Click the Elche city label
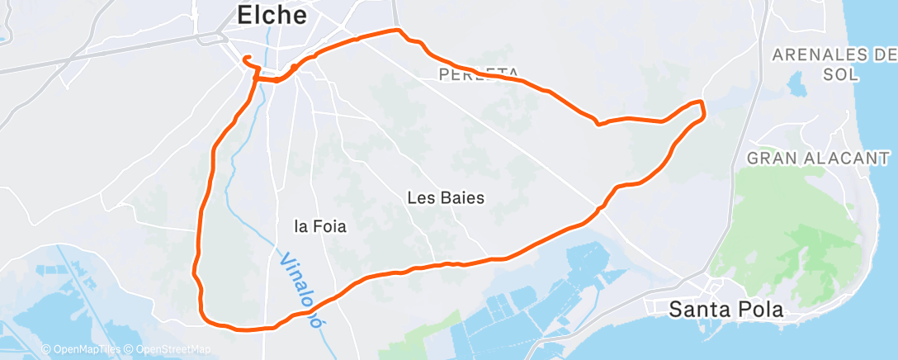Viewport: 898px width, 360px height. tap(272, 15)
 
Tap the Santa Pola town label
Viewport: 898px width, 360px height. tap(725, 310)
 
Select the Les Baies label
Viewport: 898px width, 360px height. tap(446, 198)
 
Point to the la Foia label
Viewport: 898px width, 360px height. tap(320, 225)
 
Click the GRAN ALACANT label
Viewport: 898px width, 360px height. tap(817, 158)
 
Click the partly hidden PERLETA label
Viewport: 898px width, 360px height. tap(479, 74)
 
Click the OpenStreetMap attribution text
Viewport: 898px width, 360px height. tap(168, 349)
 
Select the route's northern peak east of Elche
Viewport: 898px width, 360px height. tap(399, 31)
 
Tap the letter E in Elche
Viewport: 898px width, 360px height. tap(244, 15)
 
